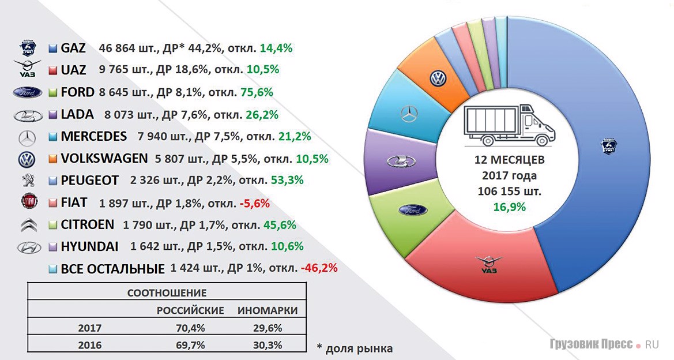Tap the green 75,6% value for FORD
(258, 92)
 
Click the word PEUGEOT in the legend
(89, 181)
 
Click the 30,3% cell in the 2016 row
(268, 346)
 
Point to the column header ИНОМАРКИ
(268, 310)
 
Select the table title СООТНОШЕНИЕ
(167, 293)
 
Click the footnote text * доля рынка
(355, 348)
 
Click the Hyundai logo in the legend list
(27, 247)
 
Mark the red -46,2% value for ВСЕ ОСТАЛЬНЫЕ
(318, 268)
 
